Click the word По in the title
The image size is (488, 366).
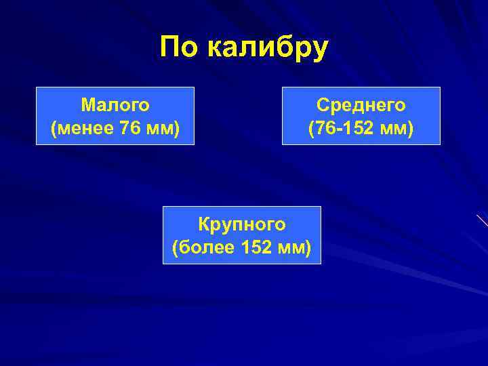pyautogui.click(x=179, y=47)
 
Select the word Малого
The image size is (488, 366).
pyautogui.click(x=115, y=105)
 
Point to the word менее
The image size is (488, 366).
pyautogui.click(x=84, y=127)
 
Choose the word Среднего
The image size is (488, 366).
pyautogui.click(x=361, y=105)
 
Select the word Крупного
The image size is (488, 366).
pyautogui.click(x=241, y=224)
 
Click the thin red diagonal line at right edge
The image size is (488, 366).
pyautogui.click(x=482, y=220)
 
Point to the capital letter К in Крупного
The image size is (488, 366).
pyautogui.click(x=203, y=224)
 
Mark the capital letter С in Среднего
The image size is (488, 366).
pyautogui.click(x=322, y=105)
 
